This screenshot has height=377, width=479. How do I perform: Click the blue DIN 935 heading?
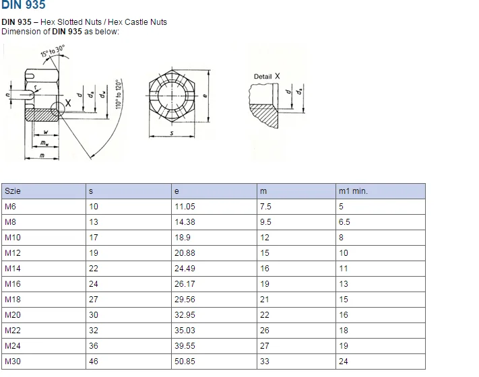(x=24, y=6)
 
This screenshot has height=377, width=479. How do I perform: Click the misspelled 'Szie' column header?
(x=13, y=191)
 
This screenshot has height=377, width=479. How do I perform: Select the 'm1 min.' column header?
(x=353, y=191)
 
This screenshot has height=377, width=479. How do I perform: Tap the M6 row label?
(x=10, y=207)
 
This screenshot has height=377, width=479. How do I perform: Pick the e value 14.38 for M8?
(x=185, y=222)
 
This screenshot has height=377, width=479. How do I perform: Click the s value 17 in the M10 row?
(x=94, y=238)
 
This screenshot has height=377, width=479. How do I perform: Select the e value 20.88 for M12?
(x=185, y=253)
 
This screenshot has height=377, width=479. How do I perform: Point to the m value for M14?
(x=265, y=269)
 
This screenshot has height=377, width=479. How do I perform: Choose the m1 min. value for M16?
(x=344, y=284)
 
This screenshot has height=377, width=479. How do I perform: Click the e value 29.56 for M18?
(x=185, y=300)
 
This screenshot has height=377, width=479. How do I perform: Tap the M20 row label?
(x=13, y=315)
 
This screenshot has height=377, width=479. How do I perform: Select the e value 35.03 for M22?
(x=185, y=331)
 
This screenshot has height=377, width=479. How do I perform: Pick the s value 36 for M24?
(x=94, y=346)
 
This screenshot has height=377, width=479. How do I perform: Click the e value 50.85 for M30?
(x=185, y=362)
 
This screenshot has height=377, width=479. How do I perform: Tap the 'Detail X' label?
(x=267, y=77)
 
